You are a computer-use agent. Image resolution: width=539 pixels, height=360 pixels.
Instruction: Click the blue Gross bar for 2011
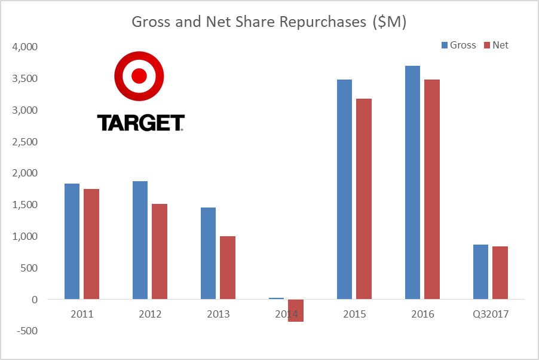coord(72,241)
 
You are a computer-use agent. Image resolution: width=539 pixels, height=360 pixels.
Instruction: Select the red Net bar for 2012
coord(160,251)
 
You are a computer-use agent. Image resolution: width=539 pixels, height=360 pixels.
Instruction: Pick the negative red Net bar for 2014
coord(296,310)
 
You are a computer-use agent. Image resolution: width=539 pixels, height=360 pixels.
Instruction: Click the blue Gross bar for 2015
coord(344,189)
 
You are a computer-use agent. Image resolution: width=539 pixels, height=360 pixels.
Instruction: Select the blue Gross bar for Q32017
coord(480,271)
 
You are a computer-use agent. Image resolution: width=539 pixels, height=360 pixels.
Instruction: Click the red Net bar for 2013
coord(228,267)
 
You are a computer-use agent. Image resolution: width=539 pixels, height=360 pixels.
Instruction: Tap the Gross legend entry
coord(458,45)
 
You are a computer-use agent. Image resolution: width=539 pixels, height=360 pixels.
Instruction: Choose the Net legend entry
coord(495,45)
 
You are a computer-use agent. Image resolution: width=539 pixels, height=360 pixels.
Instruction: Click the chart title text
coord(269,22)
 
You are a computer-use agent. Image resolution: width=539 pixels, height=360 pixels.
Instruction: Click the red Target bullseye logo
coord(139,76)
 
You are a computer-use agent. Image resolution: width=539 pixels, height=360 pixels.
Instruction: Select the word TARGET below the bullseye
coord(140,123)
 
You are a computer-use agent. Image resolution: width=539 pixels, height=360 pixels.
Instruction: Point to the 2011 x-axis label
coord(81,314)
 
